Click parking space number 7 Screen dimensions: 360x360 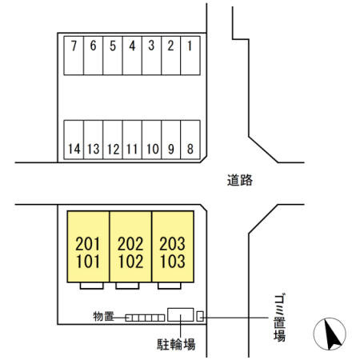pyautogui.click(x=74, y=55)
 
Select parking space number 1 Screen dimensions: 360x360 pyautogui.click(x=190, y=55)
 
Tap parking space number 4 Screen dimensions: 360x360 pyautogui.click(x=132, y=55)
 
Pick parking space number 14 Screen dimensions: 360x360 pyautogui.click(x=74, y=140)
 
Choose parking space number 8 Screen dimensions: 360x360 pyautogui.click(x=190, y=140)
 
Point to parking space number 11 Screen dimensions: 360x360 pyautogui.click(x=132, y=140)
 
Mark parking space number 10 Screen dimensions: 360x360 pyautogui.click(x=152, y=140)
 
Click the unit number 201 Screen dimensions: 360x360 pyautogui.click(x=87, y=244)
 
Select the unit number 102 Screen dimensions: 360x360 pyautogui.click(x=130, y=262)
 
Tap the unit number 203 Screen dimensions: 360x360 pyautogui.click(x=172, y=244)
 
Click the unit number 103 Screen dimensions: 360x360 pyautogui.click(x=172, y=262)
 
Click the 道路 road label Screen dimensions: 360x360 pyautogui.click(x=240, y=180)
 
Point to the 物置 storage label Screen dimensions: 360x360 pyautogui.click(x=103, y=317)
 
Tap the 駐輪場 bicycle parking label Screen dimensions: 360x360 pyautogui.click(x=176, y=344)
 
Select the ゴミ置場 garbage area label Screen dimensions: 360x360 pyautogui.click(x=279, y=318)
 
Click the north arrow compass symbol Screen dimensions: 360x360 pyautogui.click(x=330, y=334)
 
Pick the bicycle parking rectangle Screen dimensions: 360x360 pyautogui.click(x=180, y=314)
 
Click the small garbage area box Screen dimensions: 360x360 pyautogui.click(x=200, y=316)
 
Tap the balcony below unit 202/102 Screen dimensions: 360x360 pyautogui.click(x=127, y=286)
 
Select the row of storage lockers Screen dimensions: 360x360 pyautogui.click(x=145, y=318)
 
